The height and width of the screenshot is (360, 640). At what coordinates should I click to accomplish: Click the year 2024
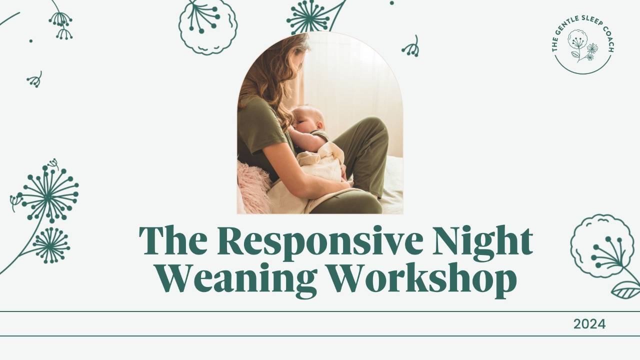coord(589,324)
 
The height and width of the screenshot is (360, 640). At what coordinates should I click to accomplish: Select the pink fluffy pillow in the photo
coord(253,186)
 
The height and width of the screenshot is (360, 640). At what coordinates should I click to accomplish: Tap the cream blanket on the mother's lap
coord(320,170)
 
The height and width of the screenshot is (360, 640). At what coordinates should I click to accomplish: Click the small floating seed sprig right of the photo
coord(411,47)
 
